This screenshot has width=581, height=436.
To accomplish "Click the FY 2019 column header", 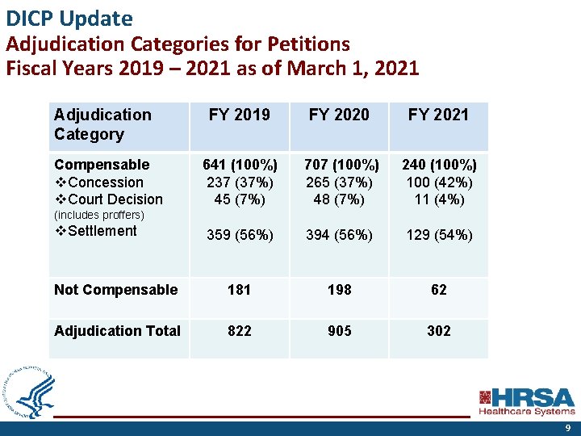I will point(240,115).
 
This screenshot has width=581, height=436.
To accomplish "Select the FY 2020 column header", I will point(339,115).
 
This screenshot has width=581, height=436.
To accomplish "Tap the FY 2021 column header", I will point(438,115).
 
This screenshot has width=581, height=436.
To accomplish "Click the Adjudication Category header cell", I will point(102,124).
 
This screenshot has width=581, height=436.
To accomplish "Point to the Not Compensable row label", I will point(115,290).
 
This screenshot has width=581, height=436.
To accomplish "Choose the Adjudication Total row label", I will point(117,330).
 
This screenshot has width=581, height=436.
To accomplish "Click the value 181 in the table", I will point(240,290).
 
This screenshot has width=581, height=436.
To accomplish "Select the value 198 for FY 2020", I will point(339,290).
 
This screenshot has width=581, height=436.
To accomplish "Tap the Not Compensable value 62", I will point(438,290).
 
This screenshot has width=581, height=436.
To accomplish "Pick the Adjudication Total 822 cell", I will point(240,330).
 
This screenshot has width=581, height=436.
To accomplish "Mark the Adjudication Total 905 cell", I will point(339,330).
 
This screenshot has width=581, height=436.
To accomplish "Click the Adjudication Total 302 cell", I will point(438,330).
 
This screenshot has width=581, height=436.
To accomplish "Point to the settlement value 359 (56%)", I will point(240,235).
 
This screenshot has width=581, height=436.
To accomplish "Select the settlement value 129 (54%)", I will point(438,235).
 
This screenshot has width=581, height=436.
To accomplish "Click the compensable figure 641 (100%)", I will point(240,166).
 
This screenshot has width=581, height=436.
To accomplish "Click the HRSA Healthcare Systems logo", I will point(526,401).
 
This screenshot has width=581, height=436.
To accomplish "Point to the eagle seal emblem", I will point(30,392).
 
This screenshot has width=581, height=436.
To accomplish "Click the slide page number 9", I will point(567,428).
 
